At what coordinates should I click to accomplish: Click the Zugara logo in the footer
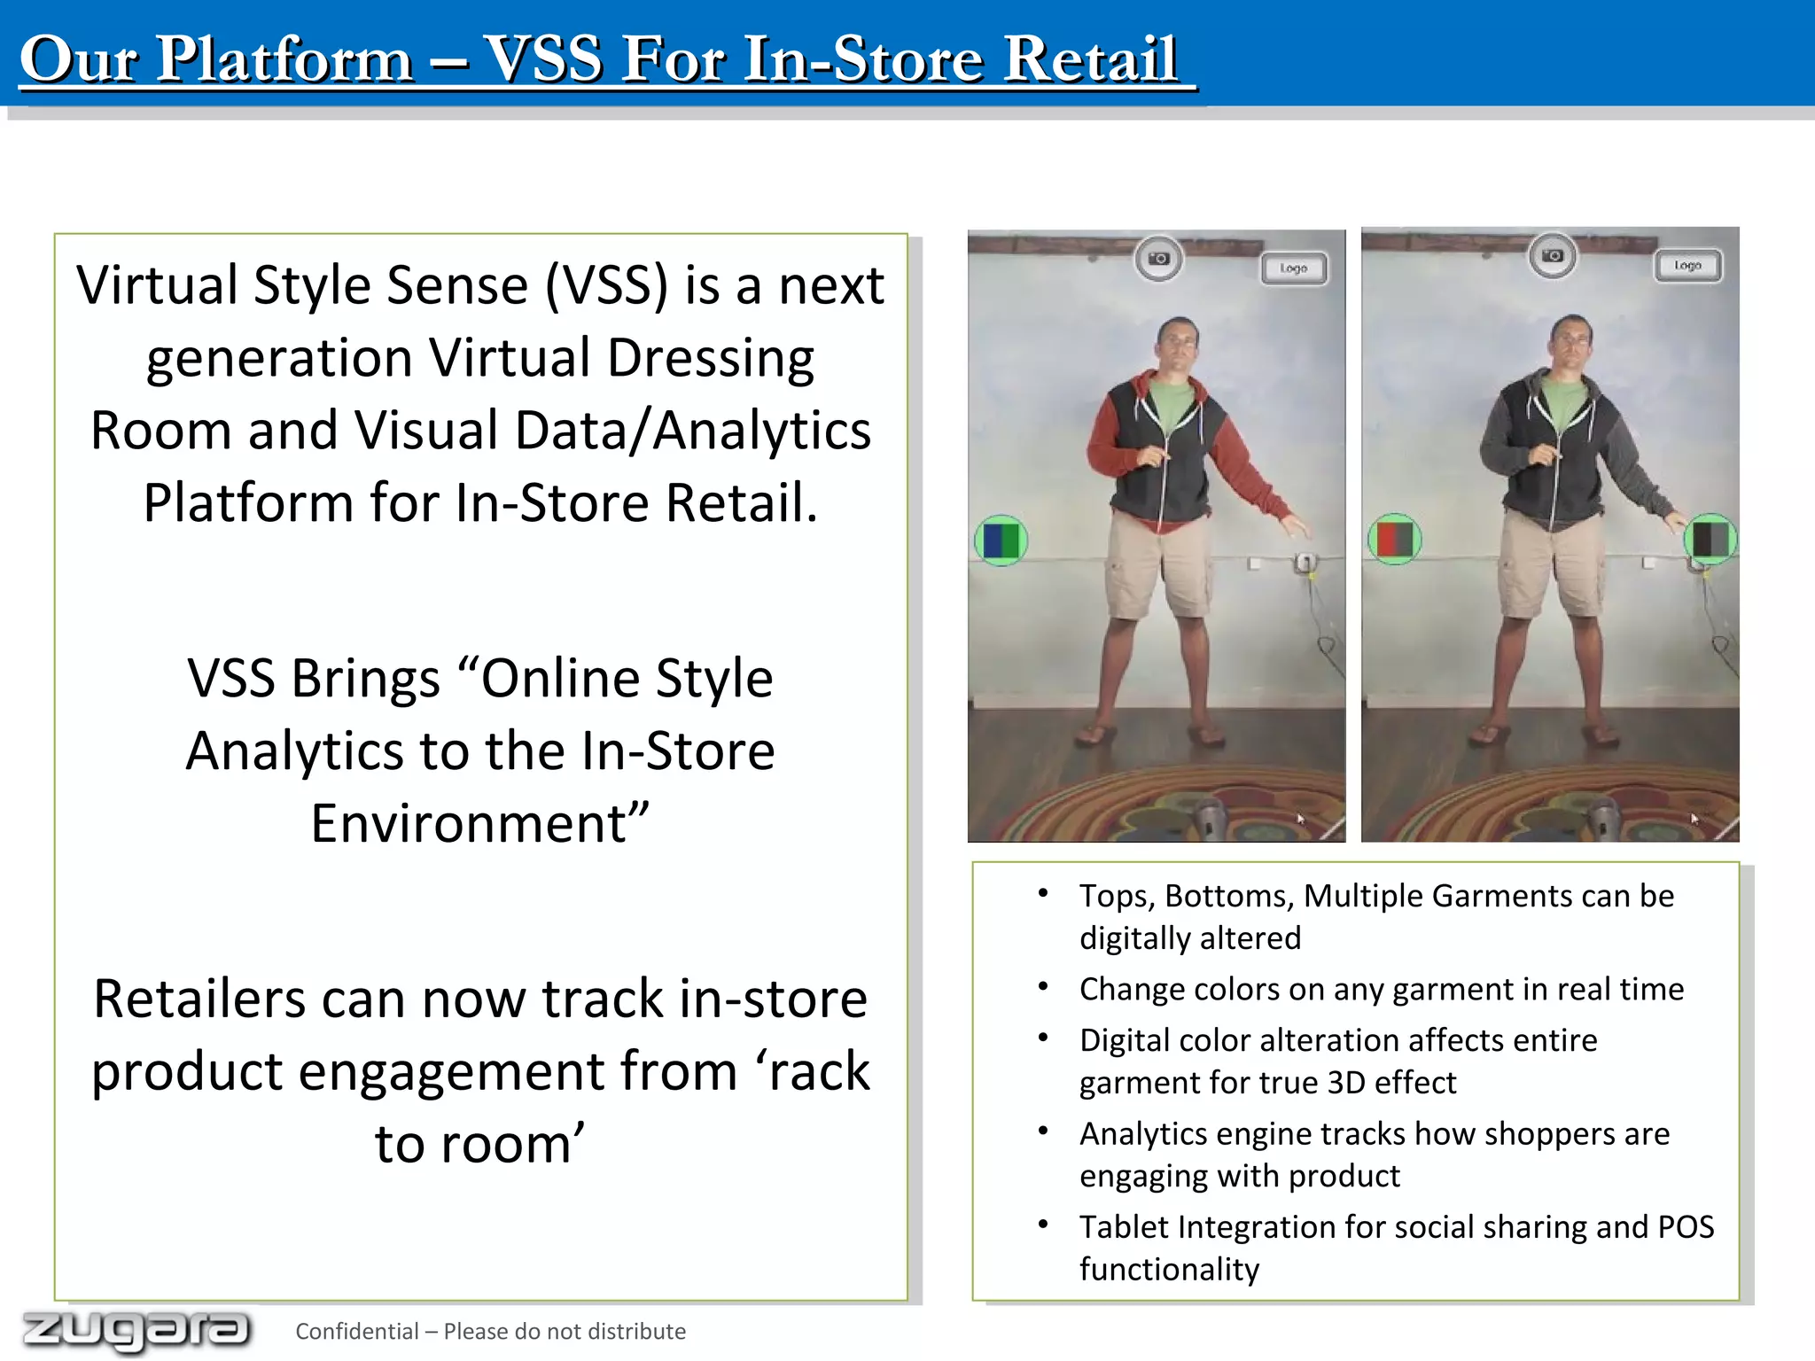tap(136, 1330)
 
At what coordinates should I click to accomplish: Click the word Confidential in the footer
tap(356, 1332)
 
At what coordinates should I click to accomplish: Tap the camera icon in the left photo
tap(1158, 259)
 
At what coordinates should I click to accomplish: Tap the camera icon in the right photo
tap(1552, 256)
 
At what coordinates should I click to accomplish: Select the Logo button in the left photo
tap(1294, 268)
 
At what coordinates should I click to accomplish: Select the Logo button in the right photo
tap(1687, 266)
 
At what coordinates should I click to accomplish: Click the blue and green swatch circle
tap(1001, 541)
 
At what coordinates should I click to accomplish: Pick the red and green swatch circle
tap(1394, 539)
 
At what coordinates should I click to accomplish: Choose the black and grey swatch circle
tap(1710, 539)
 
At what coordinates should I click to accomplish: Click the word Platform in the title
tap(284, 59)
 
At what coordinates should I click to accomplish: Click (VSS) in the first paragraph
tap(606, 286)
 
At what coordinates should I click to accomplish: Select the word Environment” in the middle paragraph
tap(479, 823)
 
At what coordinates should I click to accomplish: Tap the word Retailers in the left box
tap(199, 999)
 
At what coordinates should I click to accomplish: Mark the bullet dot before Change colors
tap(1043, 986)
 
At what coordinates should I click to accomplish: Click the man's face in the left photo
tap(1177, 341)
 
